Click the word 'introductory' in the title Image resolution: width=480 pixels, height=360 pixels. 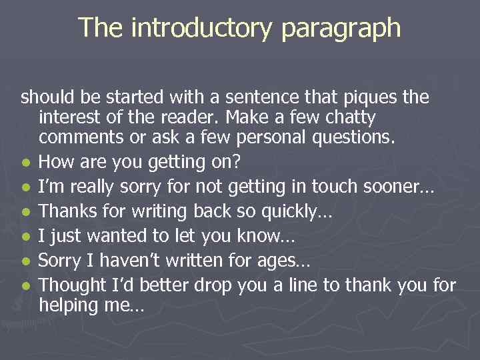pos(203,28)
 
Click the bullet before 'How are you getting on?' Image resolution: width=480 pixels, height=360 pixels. pos(25,163)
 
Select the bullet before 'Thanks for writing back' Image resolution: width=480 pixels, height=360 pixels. pos(25,212)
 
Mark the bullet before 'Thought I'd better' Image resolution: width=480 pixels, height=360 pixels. pos(25,286)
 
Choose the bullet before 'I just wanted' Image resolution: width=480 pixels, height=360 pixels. pos(25,237)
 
